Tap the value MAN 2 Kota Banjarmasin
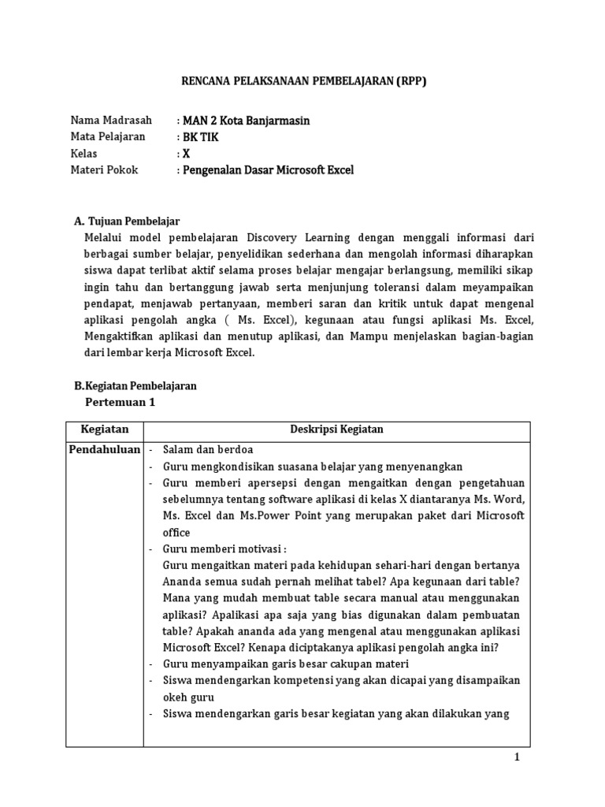tap(246, 121)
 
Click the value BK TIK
tap(201, 137)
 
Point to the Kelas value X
tap(186, 154)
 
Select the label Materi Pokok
tap(104, 170)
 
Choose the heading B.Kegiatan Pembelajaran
tap(135, 386)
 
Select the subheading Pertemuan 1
tap(121, 403)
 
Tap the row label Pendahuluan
tap(105, 449)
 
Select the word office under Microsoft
tap(177, 533)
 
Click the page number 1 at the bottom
tap(518, 758)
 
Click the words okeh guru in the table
tap(188, 697)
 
